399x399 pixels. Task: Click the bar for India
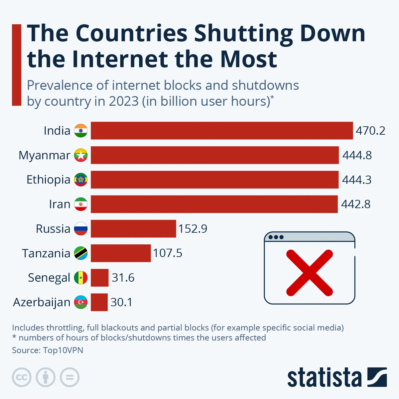(221, 130)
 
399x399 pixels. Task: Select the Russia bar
(133, 228)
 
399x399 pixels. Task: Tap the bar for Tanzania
(120, 253)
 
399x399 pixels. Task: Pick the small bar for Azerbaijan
(99, 302)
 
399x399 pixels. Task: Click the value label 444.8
(357, 155)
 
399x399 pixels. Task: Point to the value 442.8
(356, 204)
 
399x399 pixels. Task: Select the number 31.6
(123, 278)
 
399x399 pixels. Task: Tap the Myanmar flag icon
(81, 155)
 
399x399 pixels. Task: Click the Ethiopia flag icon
(81, 180)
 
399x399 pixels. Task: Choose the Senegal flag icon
(81, 278)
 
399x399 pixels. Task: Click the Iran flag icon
(81, 204)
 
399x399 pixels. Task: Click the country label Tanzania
(46, 253)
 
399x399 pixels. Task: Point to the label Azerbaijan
(42, 302)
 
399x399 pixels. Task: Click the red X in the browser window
(309, 273)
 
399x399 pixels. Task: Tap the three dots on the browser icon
(276, 237)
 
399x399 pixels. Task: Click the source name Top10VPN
(63, 350)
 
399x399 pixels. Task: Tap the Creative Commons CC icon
(22, 377)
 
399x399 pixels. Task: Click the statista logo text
(324, 378)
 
